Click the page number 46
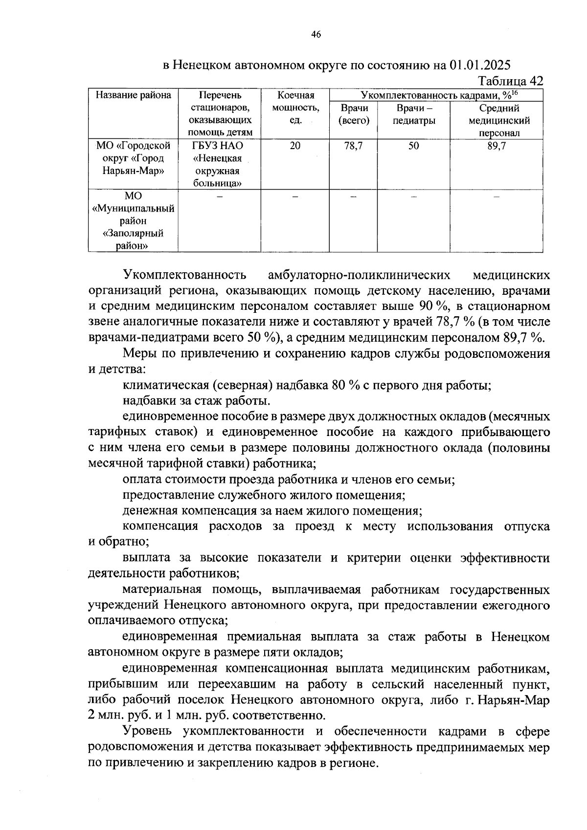point(316,34)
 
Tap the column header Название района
point(133,95)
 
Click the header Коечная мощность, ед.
point(295,108)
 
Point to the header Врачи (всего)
point(354,114)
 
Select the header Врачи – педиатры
point(414,114)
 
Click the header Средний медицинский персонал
point(499,121)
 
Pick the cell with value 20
point(295,146)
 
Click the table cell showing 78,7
point(354,146)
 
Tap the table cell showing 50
point(414,146)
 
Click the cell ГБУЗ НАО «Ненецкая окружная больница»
point(218,165)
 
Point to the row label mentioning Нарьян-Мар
point(133,158)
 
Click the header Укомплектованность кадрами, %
point(438,95)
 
